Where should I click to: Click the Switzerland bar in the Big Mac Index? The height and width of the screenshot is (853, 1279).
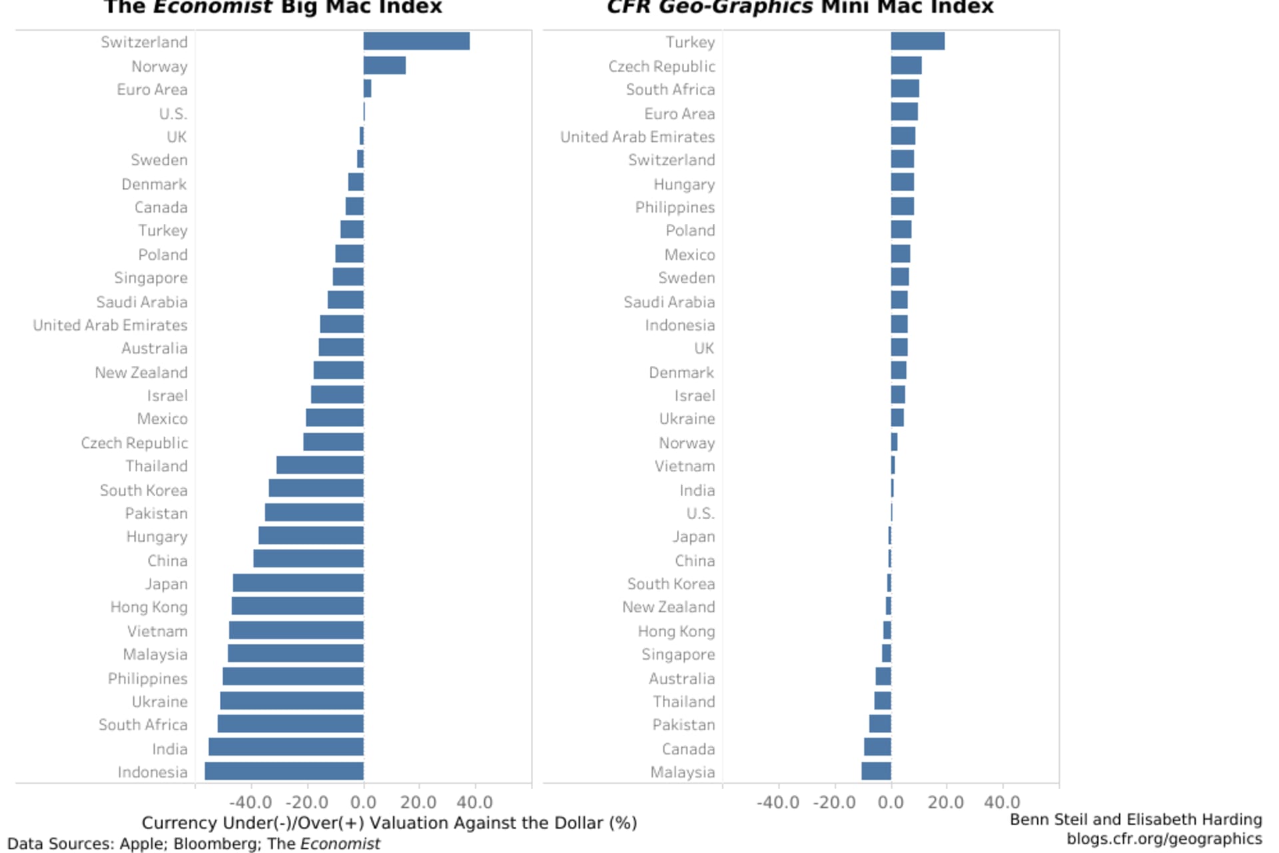click(416, 41)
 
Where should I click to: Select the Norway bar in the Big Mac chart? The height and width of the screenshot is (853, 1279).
click(384, 65)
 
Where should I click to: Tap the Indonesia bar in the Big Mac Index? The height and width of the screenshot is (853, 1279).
click(284, 771)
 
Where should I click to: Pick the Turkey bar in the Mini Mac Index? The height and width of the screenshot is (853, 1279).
click(917, 41)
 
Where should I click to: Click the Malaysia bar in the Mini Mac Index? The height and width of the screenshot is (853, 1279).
click(876, 771)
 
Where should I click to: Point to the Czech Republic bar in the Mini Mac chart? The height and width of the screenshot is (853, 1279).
click(906, 65)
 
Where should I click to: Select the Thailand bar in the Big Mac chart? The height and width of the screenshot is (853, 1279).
click(320, 465)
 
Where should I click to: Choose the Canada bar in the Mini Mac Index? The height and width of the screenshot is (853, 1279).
click(877, 747)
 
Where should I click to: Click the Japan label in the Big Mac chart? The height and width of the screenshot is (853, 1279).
click(167, 584)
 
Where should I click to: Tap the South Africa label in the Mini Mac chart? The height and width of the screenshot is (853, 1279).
click(670, 89)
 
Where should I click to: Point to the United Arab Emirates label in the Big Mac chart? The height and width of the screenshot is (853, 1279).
click(110, 325)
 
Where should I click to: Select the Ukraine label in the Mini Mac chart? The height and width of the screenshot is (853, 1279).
click(687, 419)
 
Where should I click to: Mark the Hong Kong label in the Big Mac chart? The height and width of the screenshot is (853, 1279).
click(149, 607)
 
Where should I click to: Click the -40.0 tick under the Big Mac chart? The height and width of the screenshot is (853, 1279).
click(251, 802)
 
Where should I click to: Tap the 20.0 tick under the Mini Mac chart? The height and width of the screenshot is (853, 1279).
click(945, 802)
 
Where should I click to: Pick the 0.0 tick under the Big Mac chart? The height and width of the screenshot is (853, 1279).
click(364, 802)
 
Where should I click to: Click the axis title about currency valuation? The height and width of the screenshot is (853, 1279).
click(389, 823)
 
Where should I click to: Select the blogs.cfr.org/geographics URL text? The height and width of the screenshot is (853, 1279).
click(1164, 838)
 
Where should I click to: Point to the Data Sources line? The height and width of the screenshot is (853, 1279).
click(193, 844)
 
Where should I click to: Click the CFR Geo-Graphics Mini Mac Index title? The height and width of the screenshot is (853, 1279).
click(800, 8)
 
